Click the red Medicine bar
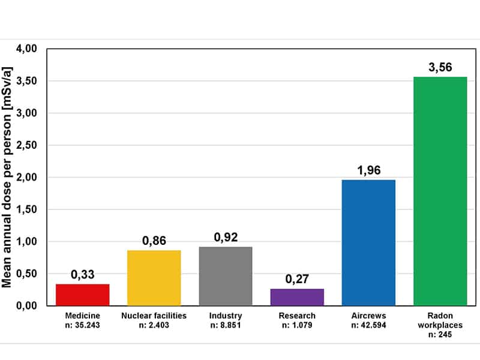point(83,295)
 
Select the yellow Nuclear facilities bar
point(154,278)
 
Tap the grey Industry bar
point(226,276)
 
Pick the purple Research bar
point(297,297)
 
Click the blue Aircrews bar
point(368,242)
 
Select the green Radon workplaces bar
point(440,191)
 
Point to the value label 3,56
point(440,67)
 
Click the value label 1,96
point(368,170)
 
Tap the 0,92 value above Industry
point(226,237)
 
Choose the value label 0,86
point(154,241)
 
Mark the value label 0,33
point(83,275)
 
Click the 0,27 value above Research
point(297,279)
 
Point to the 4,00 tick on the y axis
point(28,49)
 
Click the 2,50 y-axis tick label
point(28,145)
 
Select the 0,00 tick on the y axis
point(28,306)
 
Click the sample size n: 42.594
point(368,325)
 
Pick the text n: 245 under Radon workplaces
point(440,335)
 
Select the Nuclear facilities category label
point(154,316)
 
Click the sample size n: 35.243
point(83,325)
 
